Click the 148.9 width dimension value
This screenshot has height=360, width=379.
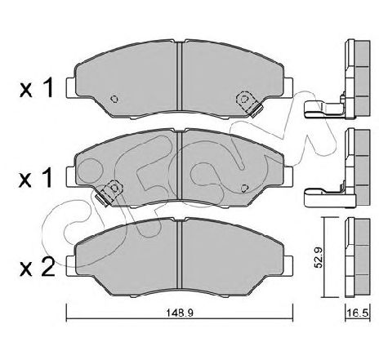click(x=180, y=313)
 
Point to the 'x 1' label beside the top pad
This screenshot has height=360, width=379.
click(x=36, y=87)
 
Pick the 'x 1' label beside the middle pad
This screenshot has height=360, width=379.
click(x=36, y=178)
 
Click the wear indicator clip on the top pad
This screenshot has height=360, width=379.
click(x=249, y=104)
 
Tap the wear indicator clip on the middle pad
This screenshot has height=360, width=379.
click(x=109, y=193)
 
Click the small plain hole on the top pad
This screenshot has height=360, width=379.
click(x=115, y=99)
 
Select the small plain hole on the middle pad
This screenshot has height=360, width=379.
click(x=245, y=188)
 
